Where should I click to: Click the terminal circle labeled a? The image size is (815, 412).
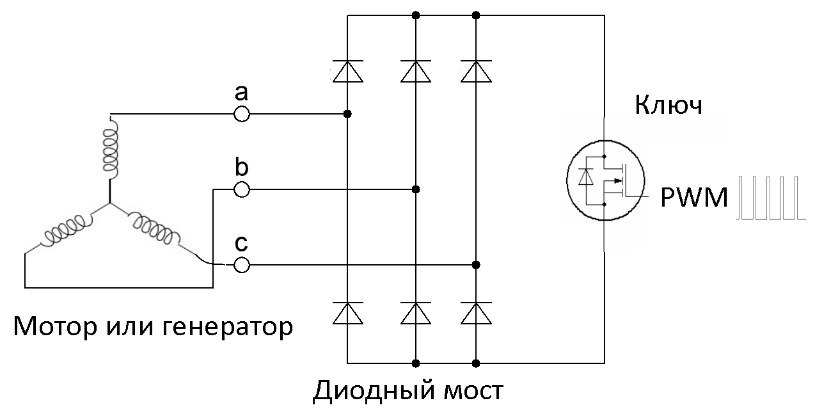point(241,115)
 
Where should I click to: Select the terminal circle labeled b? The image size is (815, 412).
point(241,190)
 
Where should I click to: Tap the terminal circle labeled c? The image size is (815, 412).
point(241,265)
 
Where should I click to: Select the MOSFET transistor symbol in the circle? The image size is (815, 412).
point(604,180)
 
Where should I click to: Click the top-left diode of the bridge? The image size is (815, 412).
point(347,71)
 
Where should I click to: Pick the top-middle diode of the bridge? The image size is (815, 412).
point(416,71)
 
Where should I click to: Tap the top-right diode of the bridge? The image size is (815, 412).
point(476,71)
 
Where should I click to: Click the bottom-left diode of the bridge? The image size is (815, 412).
point(347,313)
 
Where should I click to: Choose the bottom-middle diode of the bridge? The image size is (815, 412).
point(416,313)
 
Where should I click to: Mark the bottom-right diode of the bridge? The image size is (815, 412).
point(476,313)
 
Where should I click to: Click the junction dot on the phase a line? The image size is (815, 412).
point(347,115)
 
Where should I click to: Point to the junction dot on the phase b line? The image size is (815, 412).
point(416,190)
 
